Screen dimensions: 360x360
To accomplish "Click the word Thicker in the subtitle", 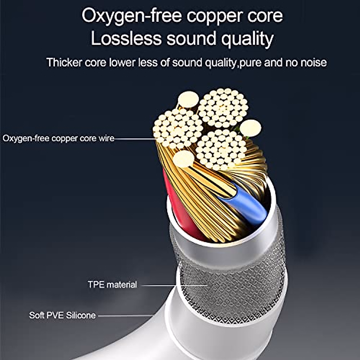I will click(x=64, y=62).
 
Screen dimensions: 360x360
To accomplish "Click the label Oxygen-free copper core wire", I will click(x=58, y=139).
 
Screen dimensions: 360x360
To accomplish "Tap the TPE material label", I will click(x=112, y=284).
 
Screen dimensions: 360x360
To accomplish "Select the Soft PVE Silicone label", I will click(x=62, y=315).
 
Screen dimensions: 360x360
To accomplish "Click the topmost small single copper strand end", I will click(x=188, y=99).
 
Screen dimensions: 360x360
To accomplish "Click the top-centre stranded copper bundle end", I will click(x=223, y=108).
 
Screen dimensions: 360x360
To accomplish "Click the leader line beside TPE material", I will click(x=174, y=285).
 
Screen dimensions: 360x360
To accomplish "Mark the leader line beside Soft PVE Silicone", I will click(x=126, y=316).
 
